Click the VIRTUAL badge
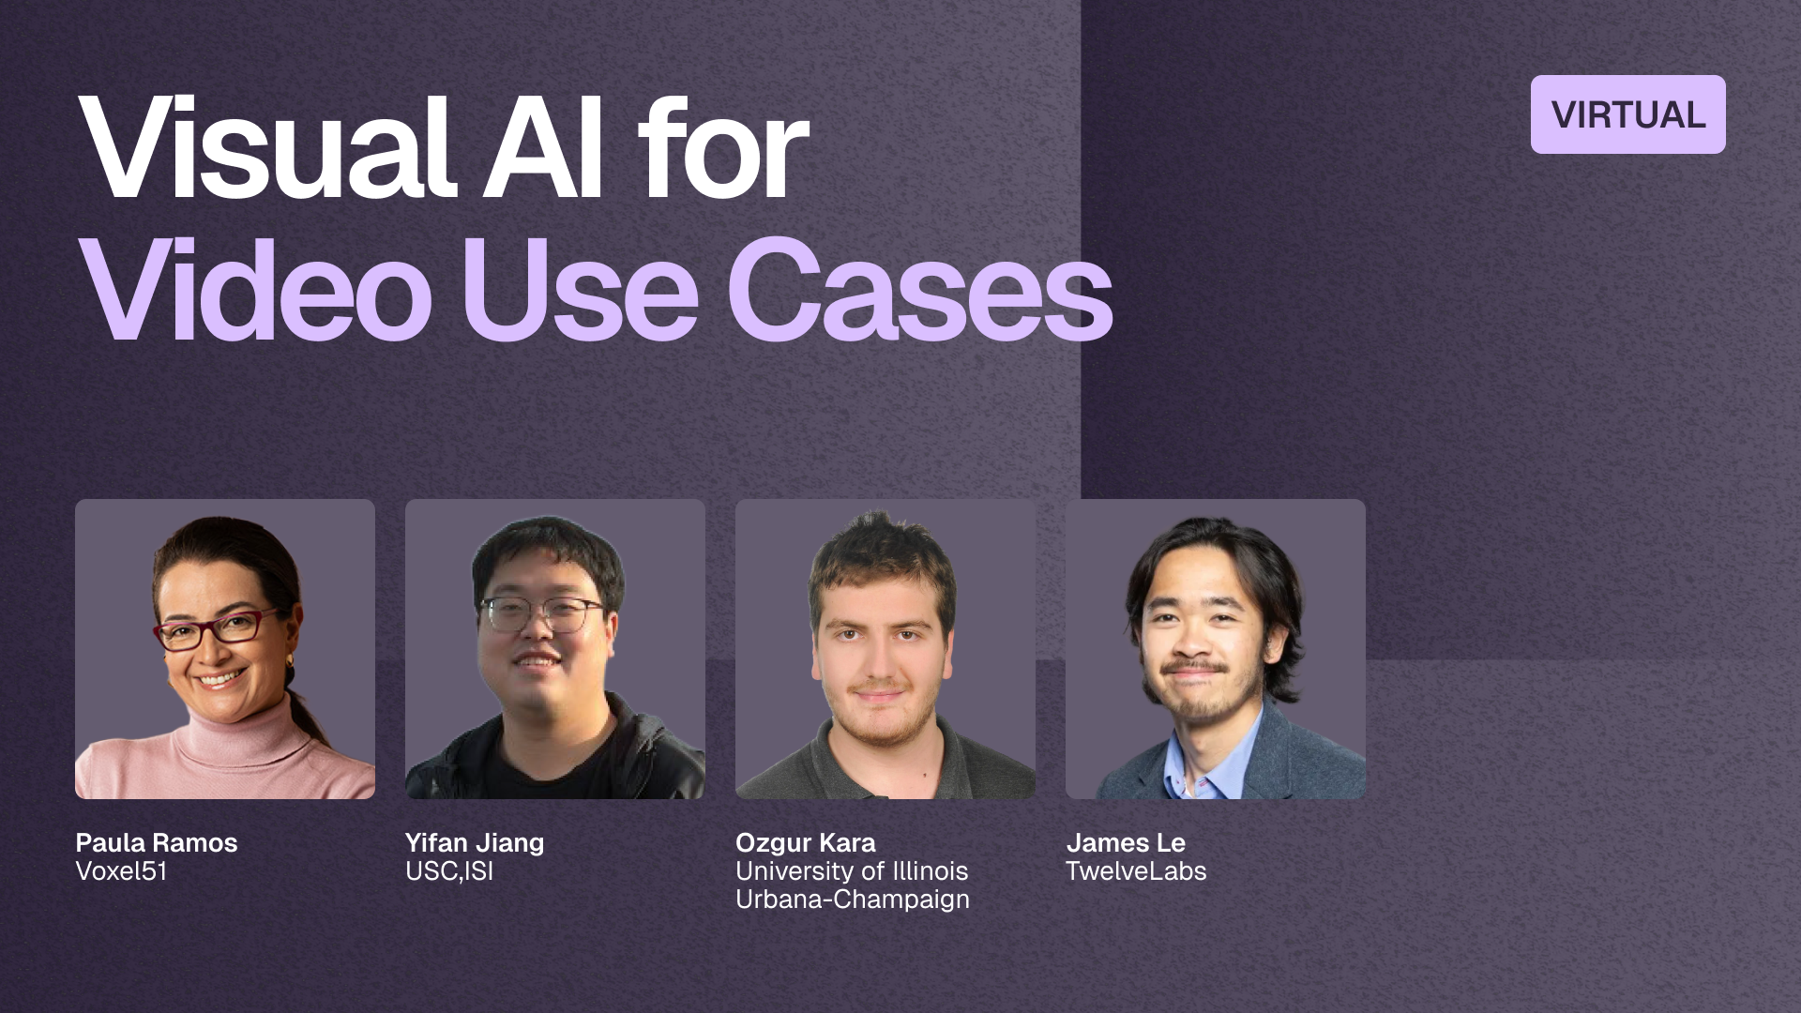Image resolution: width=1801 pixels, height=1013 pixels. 1627,114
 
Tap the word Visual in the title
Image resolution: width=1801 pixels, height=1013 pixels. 267,148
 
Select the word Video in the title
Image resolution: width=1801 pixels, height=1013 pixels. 255,291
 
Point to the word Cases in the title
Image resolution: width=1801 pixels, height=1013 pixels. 920,291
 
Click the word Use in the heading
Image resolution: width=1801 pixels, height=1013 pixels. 580,291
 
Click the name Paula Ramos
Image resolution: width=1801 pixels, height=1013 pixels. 157,842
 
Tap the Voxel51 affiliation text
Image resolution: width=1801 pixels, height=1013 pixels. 121,871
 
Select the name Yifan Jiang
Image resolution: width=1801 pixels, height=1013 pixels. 475,843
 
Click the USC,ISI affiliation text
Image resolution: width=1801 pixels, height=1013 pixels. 449,871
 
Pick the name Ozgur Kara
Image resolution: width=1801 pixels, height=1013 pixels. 806,843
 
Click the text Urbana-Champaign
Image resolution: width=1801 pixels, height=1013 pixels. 853,900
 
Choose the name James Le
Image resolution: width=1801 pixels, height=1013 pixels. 1126,842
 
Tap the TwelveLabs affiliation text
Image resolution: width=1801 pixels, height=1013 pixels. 1136,871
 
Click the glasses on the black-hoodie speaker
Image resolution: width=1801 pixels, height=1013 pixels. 541,615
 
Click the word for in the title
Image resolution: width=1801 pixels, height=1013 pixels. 723,148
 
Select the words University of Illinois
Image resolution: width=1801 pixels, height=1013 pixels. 852,871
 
